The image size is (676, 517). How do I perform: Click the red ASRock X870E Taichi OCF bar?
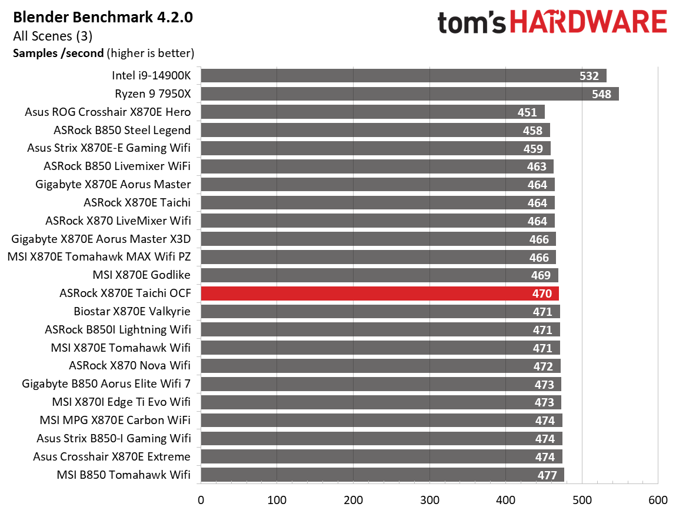(379, 293)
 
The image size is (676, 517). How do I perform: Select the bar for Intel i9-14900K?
(404, 75)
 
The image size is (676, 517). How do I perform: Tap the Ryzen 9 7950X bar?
(409, 94)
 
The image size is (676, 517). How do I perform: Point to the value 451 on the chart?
(527, 112)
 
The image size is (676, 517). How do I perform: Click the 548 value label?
(601, 94)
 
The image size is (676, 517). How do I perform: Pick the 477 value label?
(547, 475)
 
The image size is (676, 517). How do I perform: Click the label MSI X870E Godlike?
(142, 275)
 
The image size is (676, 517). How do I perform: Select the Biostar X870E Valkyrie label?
(132, 311)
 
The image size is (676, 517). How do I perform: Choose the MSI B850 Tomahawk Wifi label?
(124, 475)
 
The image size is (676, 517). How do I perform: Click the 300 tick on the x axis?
(429, 501)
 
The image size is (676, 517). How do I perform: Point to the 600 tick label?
(658, 501)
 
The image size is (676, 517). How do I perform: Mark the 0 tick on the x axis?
(201, 501)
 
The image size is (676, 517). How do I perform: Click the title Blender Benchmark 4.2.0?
(103, 17)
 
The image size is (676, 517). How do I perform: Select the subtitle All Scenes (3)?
(53, 36)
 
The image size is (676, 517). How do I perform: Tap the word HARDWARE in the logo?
(588, 22)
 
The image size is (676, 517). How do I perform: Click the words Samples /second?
(58, 53)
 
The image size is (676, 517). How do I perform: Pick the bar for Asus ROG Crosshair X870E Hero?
(373, 112)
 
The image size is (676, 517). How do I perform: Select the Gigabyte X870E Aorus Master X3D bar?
(378, 239)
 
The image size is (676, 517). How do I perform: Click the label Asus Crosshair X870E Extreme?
(112, 456)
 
